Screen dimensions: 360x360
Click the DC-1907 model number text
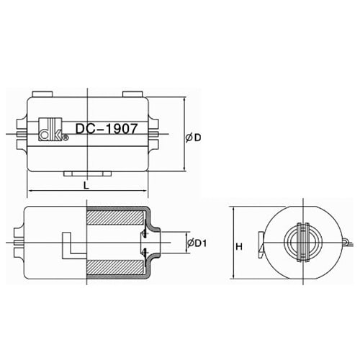(107, 129)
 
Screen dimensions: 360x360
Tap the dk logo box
(50, 129)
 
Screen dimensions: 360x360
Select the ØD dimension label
(193, 138)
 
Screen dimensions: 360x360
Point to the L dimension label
(86, 185)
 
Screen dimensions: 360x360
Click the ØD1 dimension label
(197, 243)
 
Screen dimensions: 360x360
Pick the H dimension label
(239, 246)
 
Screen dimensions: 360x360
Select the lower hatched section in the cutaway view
(115, 267)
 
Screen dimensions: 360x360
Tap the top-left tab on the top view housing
(42, 94)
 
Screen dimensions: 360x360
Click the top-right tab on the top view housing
(133, 94)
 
